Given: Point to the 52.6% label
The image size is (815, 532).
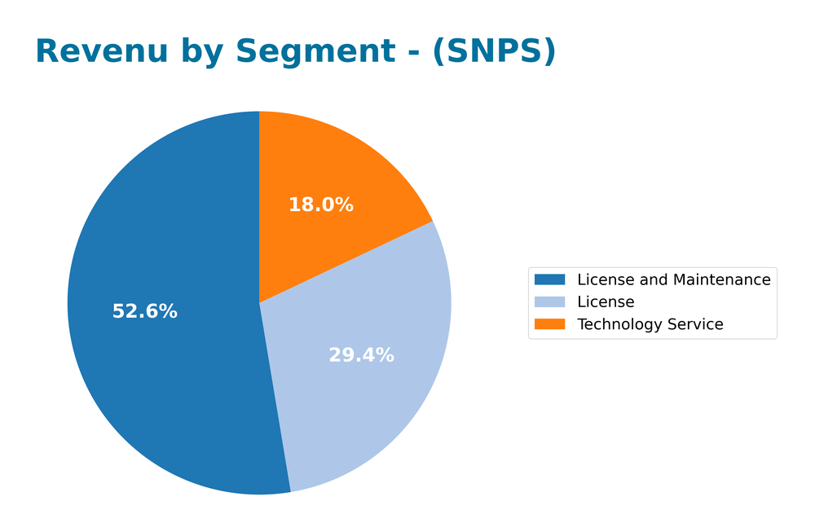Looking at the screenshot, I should pyautogui.click(x=144, y=311).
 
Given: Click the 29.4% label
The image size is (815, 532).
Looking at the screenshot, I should pyautogui.click(x=361, y=355).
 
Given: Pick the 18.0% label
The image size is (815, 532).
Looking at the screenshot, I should pyautogui.click(x=320, y=205).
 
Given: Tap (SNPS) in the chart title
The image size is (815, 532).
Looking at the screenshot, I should pyautogui.click(x=494, y=51).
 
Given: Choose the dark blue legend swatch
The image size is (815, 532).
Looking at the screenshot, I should pyautogui.click(x=549, y=280).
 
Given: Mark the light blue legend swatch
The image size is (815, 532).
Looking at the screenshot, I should pyautogui.click(x=549, y=302).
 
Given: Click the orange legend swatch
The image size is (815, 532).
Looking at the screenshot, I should pyautogui.click(x=549, y=324).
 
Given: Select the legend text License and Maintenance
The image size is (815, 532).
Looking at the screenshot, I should pyautogui.click(x=673, y=280).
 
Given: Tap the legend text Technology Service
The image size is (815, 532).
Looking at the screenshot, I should pyautogui.click(x=650, y=324).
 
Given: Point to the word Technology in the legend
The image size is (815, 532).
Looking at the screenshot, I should pyautogui.click(x=617, y=324).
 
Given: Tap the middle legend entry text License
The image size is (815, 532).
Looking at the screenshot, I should pyautogui.click(x=606, y=302).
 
